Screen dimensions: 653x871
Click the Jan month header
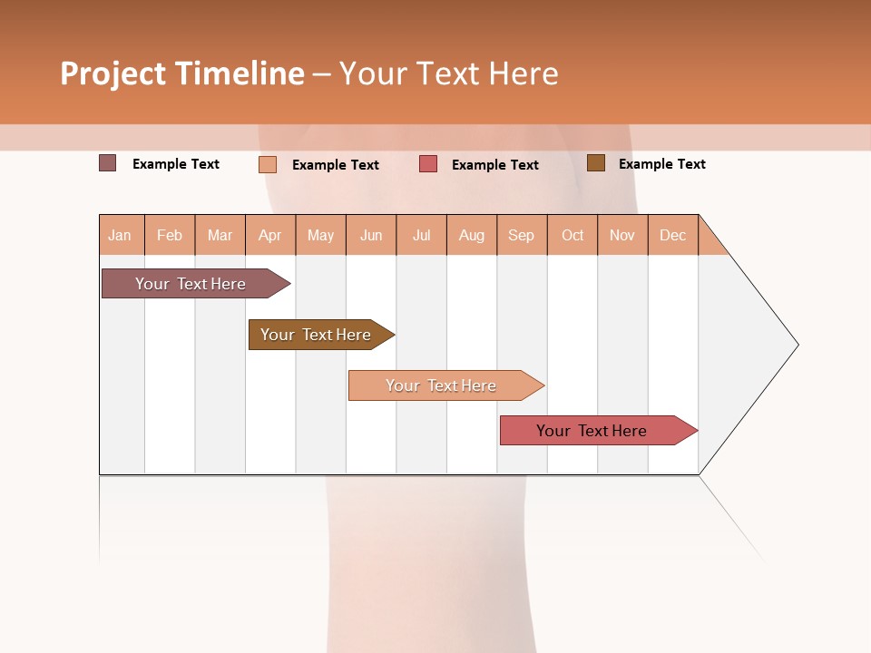tap(121, 235)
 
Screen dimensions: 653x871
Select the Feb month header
tap(170, 235)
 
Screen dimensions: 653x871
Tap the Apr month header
tap(270, 235)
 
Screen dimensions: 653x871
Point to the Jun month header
tap(371, 235)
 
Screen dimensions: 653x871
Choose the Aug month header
tap(472, 235)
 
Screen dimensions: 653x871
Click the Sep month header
tap(522, 235)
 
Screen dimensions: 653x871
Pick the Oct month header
tap(573, 235)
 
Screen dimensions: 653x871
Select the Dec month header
tap(673, 235)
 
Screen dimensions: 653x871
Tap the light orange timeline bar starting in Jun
tap(442, 385)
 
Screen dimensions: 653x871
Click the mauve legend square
tap(108, 163)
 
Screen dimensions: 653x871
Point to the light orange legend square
tap(268, 164)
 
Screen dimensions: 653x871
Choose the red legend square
tap(428, 164)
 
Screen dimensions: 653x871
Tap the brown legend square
tap(596, 163)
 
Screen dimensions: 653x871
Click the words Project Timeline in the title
tap(182, 73)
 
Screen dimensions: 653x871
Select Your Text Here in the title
tap(448, 73)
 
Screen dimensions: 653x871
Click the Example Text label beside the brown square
tap(661, 164)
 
